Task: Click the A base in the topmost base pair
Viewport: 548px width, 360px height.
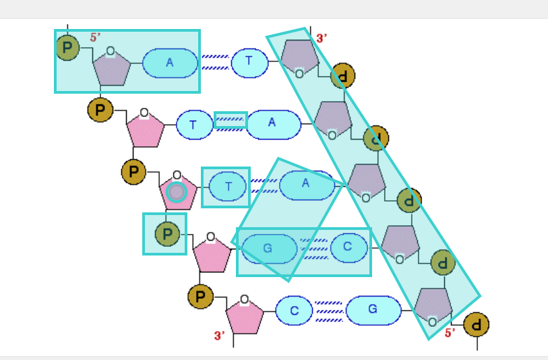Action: click(170, 63)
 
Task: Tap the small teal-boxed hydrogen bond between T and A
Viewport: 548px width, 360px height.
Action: click(231, 120)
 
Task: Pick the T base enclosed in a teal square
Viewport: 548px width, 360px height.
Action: click(227, 187)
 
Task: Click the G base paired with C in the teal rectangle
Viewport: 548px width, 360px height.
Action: click(268, 249)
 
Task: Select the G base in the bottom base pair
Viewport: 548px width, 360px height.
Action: click(373, 310)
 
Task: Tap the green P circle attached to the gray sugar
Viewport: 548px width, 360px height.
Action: click(67, 48)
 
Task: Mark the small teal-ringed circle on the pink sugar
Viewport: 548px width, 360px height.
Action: click(176, 192)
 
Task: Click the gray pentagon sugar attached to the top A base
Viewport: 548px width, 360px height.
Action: click(111, 67)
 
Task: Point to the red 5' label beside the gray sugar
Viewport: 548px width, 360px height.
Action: click(96, 38)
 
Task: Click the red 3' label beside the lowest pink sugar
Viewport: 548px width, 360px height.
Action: click(220, 335)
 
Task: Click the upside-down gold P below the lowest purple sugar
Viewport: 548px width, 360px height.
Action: click(477, 324)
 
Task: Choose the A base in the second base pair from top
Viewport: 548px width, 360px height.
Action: click(273, 123)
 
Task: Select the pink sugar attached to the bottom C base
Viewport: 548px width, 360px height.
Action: click(245, 318)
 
